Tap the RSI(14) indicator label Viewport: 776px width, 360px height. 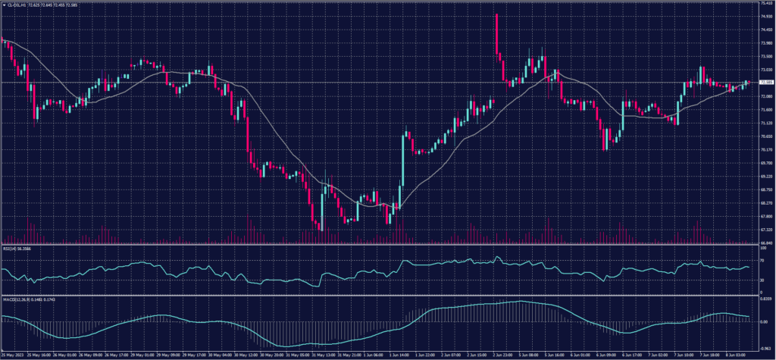coord(11,249)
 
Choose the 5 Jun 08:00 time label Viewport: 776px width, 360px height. coord(528,354)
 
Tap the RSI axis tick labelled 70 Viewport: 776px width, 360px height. coord(762,260)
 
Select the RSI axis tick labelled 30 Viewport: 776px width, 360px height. coord(762,280)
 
